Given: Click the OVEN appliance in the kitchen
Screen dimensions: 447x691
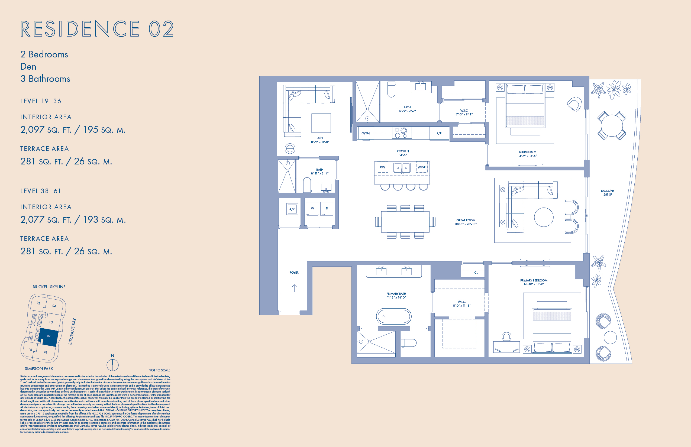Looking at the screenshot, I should pos(365,133).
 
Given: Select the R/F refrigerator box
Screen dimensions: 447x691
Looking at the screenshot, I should pos(439,134).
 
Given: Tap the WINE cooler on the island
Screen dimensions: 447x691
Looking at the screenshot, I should pos(422,167).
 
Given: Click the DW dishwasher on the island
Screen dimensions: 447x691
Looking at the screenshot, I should pos(382,167).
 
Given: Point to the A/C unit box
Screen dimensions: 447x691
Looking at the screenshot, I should pos(292,209).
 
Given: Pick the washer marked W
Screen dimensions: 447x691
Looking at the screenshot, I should pos(312,208).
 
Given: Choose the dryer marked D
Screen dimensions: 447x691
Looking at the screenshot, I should pos(327,208).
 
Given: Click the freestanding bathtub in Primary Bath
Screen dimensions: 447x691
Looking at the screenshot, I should pos(394,316).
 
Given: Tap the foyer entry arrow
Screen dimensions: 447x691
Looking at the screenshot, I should pos(294,288).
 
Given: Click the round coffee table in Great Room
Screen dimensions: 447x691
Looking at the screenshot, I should pos(544,217).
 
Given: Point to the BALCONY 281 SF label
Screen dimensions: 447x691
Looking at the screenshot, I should pos(608,193).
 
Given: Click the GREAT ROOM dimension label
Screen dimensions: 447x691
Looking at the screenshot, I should pos(466,222).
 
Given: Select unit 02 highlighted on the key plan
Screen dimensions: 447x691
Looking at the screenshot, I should pos(49,337).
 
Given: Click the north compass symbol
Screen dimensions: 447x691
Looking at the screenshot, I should pos(112,365).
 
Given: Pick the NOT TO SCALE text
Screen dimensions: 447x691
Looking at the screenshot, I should pos(159,370).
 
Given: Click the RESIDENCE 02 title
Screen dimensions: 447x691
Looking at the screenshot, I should pos(97,29).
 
